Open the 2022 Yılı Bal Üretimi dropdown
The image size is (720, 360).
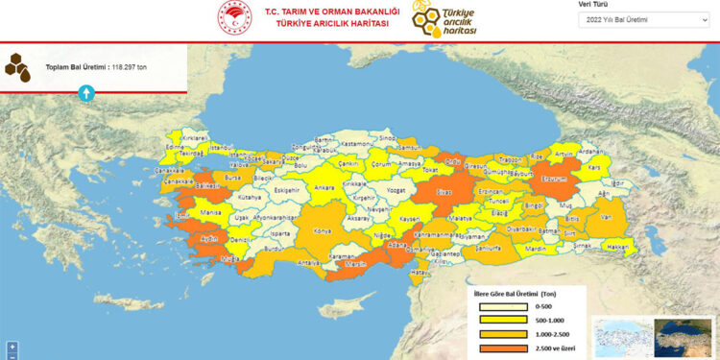[x=644, y=19]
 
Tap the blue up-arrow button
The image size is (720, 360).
[x=85, y=92]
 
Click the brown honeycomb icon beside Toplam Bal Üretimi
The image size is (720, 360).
[x=17, y=66]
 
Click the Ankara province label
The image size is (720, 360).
[x=324, y=187]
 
